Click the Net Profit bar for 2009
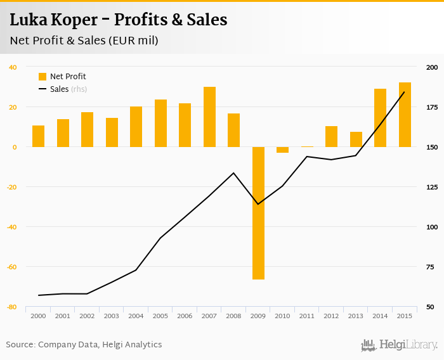tap(258, 213)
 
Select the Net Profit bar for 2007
tap(209, 117)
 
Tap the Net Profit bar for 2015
tap(405, 115)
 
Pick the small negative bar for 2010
tap(283, 150)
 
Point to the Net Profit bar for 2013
tap(356, 139)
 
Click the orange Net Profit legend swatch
tap(42, 77)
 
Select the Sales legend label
tap(59, 89)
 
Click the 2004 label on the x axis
tap(136, 316)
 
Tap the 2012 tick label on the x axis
tap(331, 316)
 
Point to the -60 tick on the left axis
tap(11, 267)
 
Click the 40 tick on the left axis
tap(13, 67)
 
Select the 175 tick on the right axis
tap(431, 108)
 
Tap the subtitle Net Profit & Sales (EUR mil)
tap(84, 41)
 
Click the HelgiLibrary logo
tap(399, 345)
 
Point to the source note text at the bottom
tap(84, 345)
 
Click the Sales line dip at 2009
tap(258, 204)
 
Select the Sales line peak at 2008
tap(233, 173)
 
